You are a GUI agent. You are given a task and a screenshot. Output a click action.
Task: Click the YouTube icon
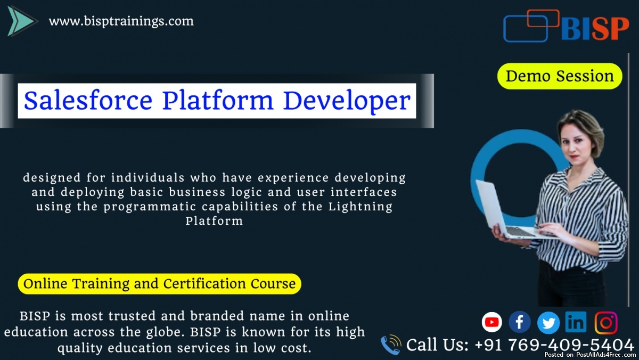click(x=492, y=322)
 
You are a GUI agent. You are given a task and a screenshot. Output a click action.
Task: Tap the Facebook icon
click(x=520, y=322)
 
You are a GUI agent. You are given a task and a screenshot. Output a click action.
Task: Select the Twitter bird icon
click(x=548, y=323)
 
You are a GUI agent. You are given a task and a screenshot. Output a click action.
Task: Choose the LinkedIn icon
click(x=576, y=322)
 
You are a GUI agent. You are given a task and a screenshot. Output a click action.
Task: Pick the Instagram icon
click(x=606, y=323)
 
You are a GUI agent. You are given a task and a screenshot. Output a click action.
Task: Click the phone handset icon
click(x=391, y=345)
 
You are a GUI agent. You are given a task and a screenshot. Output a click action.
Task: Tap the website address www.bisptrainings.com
click(x=121, y=21)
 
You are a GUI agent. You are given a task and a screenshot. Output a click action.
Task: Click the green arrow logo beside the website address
click(x=21, y=21)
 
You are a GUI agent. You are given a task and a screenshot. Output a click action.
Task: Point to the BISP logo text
click(x=595, y=29)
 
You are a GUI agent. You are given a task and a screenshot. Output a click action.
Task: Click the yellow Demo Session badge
click(x=560, y=76)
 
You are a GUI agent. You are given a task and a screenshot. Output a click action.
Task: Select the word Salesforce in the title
click(x=88, y=101)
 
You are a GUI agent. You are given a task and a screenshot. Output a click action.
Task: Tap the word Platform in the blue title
click(x=218, y=101)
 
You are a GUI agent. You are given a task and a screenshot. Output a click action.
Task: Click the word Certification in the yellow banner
click(x=204, y=283)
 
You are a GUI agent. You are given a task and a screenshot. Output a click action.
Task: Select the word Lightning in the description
click(x=361, y=207)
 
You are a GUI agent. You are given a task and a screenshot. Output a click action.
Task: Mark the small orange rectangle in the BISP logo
click(x=543, y=18)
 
